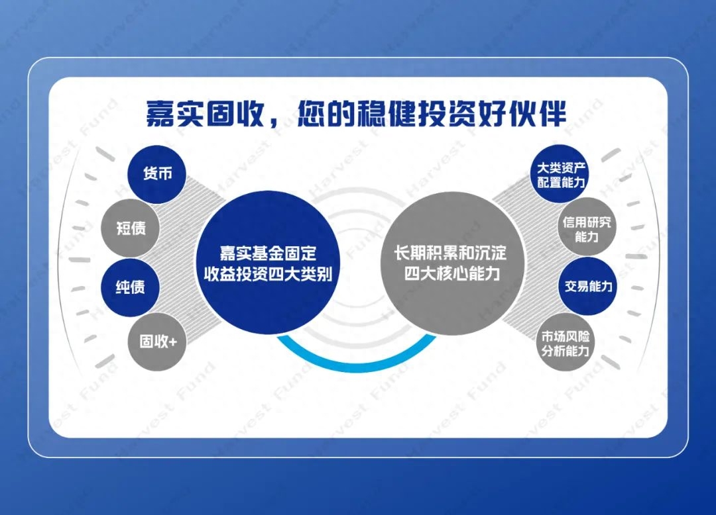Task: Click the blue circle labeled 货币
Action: pos(157,174)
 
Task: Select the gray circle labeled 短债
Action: pos(131,228)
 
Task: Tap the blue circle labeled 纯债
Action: pos(130,287)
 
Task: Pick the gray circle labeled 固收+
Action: pos(158,342)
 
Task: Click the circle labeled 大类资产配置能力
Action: pos(560,173)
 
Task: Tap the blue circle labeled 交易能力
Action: pos(587,286)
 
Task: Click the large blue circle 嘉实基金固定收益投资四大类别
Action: pos(268,263)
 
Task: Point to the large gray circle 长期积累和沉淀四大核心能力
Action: pos(452,263)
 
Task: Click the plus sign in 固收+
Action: pos(172,342)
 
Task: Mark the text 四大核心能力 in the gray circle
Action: pos(452,273)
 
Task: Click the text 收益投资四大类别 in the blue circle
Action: pos(268,274)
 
